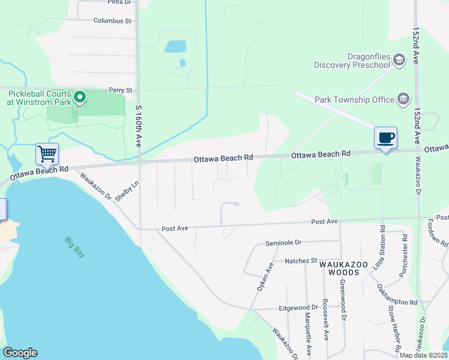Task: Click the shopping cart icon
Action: (x=47, y=154)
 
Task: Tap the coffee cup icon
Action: (x=385, y=137)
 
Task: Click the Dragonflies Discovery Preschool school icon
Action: (x=399, y=59)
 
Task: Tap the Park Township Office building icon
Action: (x=403, y=99)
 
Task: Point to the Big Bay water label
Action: (x=75, y=247)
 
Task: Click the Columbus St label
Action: (x=112, y=21)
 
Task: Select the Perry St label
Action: (x=121, y=90)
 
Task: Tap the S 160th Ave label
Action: (x=138, y=127)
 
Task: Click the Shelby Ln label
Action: (x=131, y=190)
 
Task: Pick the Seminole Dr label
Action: (x=283, y=243)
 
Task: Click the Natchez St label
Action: (x=301, y=261)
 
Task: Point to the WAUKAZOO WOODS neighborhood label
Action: (x=339, y=268)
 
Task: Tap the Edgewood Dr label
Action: (x=298, y=307)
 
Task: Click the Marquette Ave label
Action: (x=307, y=336)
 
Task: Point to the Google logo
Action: (x=20, y=353)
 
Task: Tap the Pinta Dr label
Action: (x=119, y=2)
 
